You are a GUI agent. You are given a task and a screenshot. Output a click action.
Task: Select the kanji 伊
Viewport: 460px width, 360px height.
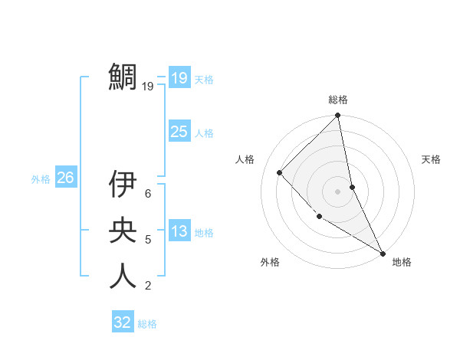point(123,183)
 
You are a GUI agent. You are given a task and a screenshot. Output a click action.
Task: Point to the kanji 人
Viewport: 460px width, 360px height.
point(123,275)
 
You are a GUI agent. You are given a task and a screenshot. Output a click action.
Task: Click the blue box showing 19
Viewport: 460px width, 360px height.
point(179,77)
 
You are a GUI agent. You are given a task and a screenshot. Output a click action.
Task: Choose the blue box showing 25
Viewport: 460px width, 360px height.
point(179,132)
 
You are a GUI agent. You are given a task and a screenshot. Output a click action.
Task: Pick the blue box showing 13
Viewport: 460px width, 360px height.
point(179,232)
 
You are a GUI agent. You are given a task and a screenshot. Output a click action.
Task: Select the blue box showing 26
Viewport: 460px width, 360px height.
point(65,178)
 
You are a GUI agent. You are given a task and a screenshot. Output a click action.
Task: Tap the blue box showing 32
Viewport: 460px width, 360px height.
point(123,322)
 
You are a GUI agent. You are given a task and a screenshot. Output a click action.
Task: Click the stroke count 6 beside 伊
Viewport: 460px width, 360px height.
point(148,194)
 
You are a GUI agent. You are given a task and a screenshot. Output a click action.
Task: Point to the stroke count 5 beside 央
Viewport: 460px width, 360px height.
point(148,240)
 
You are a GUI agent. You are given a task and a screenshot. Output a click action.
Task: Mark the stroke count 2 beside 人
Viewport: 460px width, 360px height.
point(148,286)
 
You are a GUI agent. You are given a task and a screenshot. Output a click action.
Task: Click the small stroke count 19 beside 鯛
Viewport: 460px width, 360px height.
point(148,87)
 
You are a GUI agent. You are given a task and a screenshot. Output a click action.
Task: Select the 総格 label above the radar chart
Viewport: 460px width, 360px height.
point(338,100)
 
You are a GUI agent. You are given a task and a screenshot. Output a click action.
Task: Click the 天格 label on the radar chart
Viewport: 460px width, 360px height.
point(432,159)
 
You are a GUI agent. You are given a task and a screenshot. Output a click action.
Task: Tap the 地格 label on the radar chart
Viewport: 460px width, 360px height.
point(402,262)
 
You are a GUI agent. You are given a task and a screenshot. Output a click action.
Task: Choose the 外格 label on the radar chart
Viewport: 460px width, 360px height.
point(270,262)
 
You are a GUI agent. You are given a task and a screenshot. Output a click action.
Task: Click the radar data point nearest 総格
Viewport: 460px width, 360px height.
point(338,116)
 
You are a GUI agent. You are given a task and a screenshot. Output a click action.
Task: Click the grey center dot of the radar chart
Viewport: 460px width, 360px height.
point(338,191)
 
